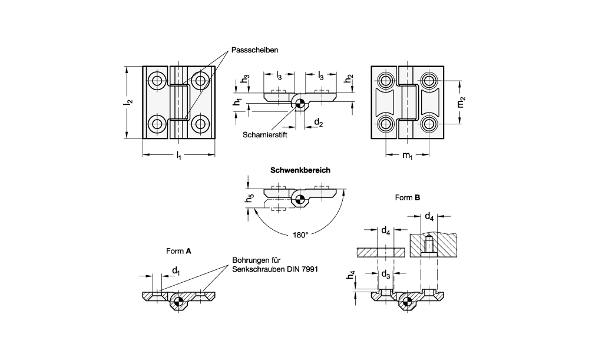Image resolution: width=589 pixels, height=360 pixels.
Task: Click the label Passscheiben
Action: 254,50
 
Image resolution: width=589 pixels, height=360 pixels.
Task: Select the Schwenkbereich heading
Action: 300,170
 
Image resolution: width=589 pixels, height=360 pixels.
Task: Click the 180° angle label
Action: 300,234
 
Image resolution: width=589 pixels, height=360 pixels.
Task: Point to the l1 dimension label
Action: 179,156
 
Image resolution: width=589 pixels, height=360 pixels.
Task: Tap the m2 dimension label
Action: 462,102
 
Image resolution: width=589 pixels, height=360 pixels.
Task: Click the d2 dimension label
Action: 318,123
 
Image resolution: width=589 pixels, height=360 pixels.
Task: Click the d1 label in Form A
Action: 176,270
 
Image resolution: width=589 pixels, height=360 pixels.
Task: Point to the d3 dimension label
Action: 385,275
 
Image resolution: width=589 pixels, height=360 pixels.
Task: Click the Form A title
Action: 178,250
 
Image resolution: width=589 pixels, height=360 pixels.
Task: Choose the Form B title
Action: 407,198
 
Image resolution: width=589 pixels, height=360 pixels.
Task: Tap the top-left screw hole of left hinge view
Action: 157,81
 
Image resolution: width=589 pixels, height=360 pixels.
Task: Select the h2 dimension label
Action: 349,78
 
